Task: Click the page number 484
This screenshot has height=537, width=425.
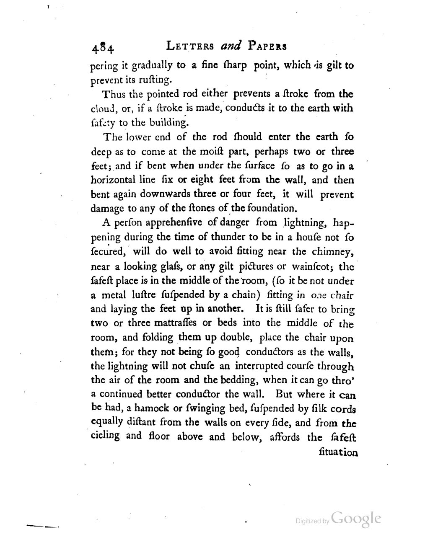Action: coord(102,49)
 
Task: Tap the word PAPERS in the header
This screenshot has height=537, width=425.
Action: coord(268,46)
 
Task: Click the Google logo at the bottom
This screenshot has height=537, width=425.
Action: coord(356,519)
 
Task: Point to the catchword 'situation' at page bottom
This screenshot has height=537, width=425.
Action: coord(338,453)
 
